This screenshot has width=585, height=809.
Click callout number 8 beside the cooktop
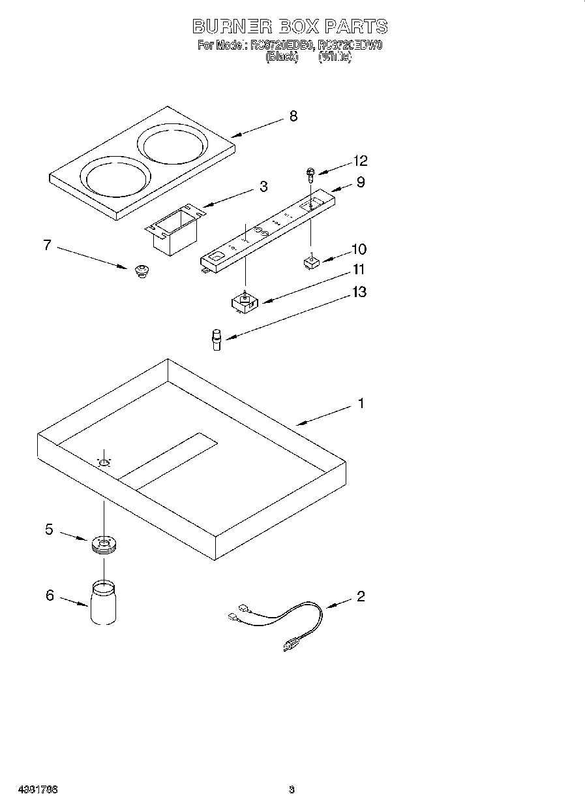point(293,116)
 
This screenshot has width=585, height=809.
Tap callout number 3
point(263,187)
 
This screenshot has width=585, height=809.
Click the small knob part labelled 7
point(140,270)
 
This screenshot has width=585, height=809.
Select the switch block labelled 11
point(245,302)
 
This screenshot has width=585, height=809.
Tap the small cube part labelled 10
point(311,262)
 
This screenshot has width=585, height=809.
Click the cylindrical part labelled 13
point(215,340)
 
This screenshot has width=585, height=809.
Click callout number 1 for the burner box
point(360,404)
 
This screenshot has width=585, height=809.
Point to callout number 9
point(360,182)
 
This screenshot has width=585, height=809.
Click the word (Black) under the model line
point(282,57)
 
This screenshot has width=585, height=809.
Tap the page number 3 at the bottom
point(292,789)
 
